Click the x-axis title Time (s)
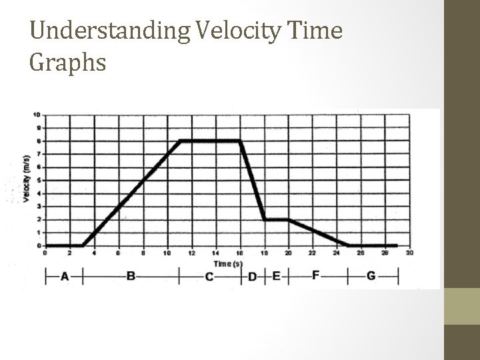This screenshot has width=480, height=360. [228, 263]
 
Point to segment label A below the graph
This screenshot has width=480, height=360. [64, 277]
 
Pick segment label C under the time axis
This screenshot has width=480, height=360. [209, 277]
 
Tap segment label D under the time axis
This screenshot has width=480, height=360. [252, 277]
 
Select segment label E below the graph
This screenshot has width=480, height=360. [276, 276]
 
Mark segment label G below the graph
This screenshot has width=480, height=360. [371, 276]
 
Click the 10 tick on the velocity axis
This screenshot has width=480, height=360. [35, 115]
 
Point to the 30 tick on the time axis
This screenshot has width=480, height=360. [409, 253]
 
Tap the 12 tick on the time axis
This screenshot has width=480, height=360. [191, 253]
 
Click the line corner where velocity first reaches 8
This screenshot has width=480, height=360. [180, 141]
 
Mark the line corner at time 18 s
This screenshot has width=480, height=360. [265, 219]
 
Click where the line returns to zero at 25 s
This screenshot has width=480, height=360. [349, 245]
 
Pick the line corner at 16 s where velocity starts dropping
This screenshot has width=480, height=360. [240, 141]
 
